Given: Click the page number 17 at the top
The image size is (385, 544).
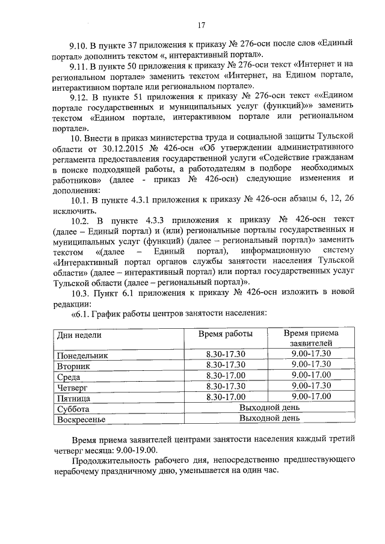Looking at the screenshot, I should point(202,25).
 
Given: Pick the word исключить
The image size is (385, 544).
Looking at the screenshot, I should point(73,211).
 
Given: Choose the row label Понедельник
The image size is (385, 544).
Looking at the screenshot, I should point(83,355).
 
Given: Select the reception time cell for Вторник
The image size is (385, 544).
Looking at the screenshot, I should point(310,365).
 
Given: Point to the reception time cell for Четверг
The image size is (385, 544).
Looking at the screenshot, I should point(310,386).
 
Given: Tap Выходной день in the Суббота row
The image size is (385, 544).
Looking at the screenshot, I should point(268,408).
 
